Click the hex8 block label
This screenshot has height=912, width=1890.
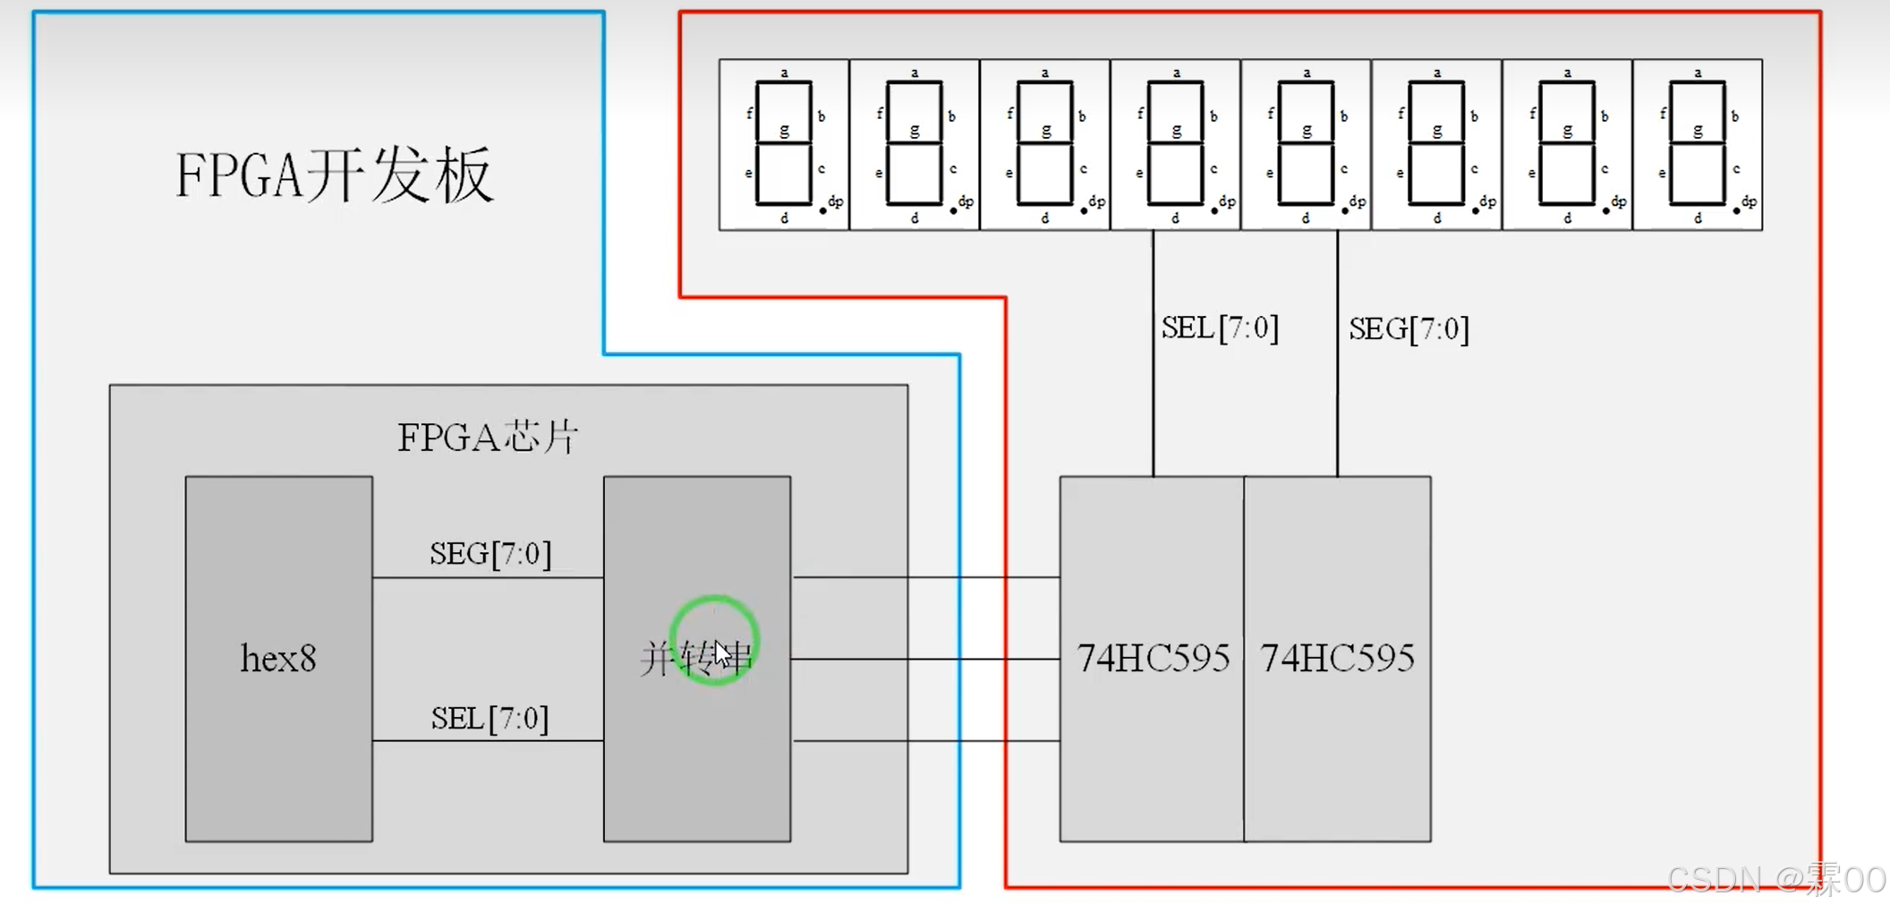[278, 659]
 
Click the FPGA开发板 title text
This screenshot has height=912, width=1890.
[334, 175]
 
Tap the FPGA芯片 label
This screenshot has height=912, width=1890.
[488, 438]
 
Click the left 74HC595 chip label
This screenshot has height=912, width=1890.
[1153, 659]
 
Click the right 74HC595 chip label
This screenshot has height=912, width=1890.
[1337, 659]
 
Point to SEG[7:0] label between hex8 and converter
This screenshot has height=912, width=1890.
[490, 554]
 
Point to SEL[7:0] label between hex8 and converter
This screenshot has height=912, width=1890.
[490, 719]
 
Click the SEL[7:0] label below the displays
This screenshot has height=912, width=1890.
[1220, 328]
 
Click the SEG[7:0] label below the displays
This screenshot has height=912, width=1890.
[1409, 329]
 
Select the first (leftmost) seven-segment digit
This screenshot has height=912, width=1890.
[784, 145]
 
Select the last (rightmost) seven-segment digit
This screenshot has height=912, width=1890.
[1698, 145]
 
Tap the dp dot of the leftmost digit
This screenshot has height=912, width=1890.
[823, 211]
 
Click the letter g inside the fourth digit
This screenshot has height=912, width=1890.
[1176, 131]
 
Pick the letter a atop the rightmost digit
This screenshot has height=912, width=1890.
[1698, 72]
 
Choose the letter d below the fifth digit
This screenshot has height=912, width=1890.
[1306, 218]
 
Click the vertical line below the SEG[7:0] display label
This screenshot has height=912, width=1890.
[1338, 412]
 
